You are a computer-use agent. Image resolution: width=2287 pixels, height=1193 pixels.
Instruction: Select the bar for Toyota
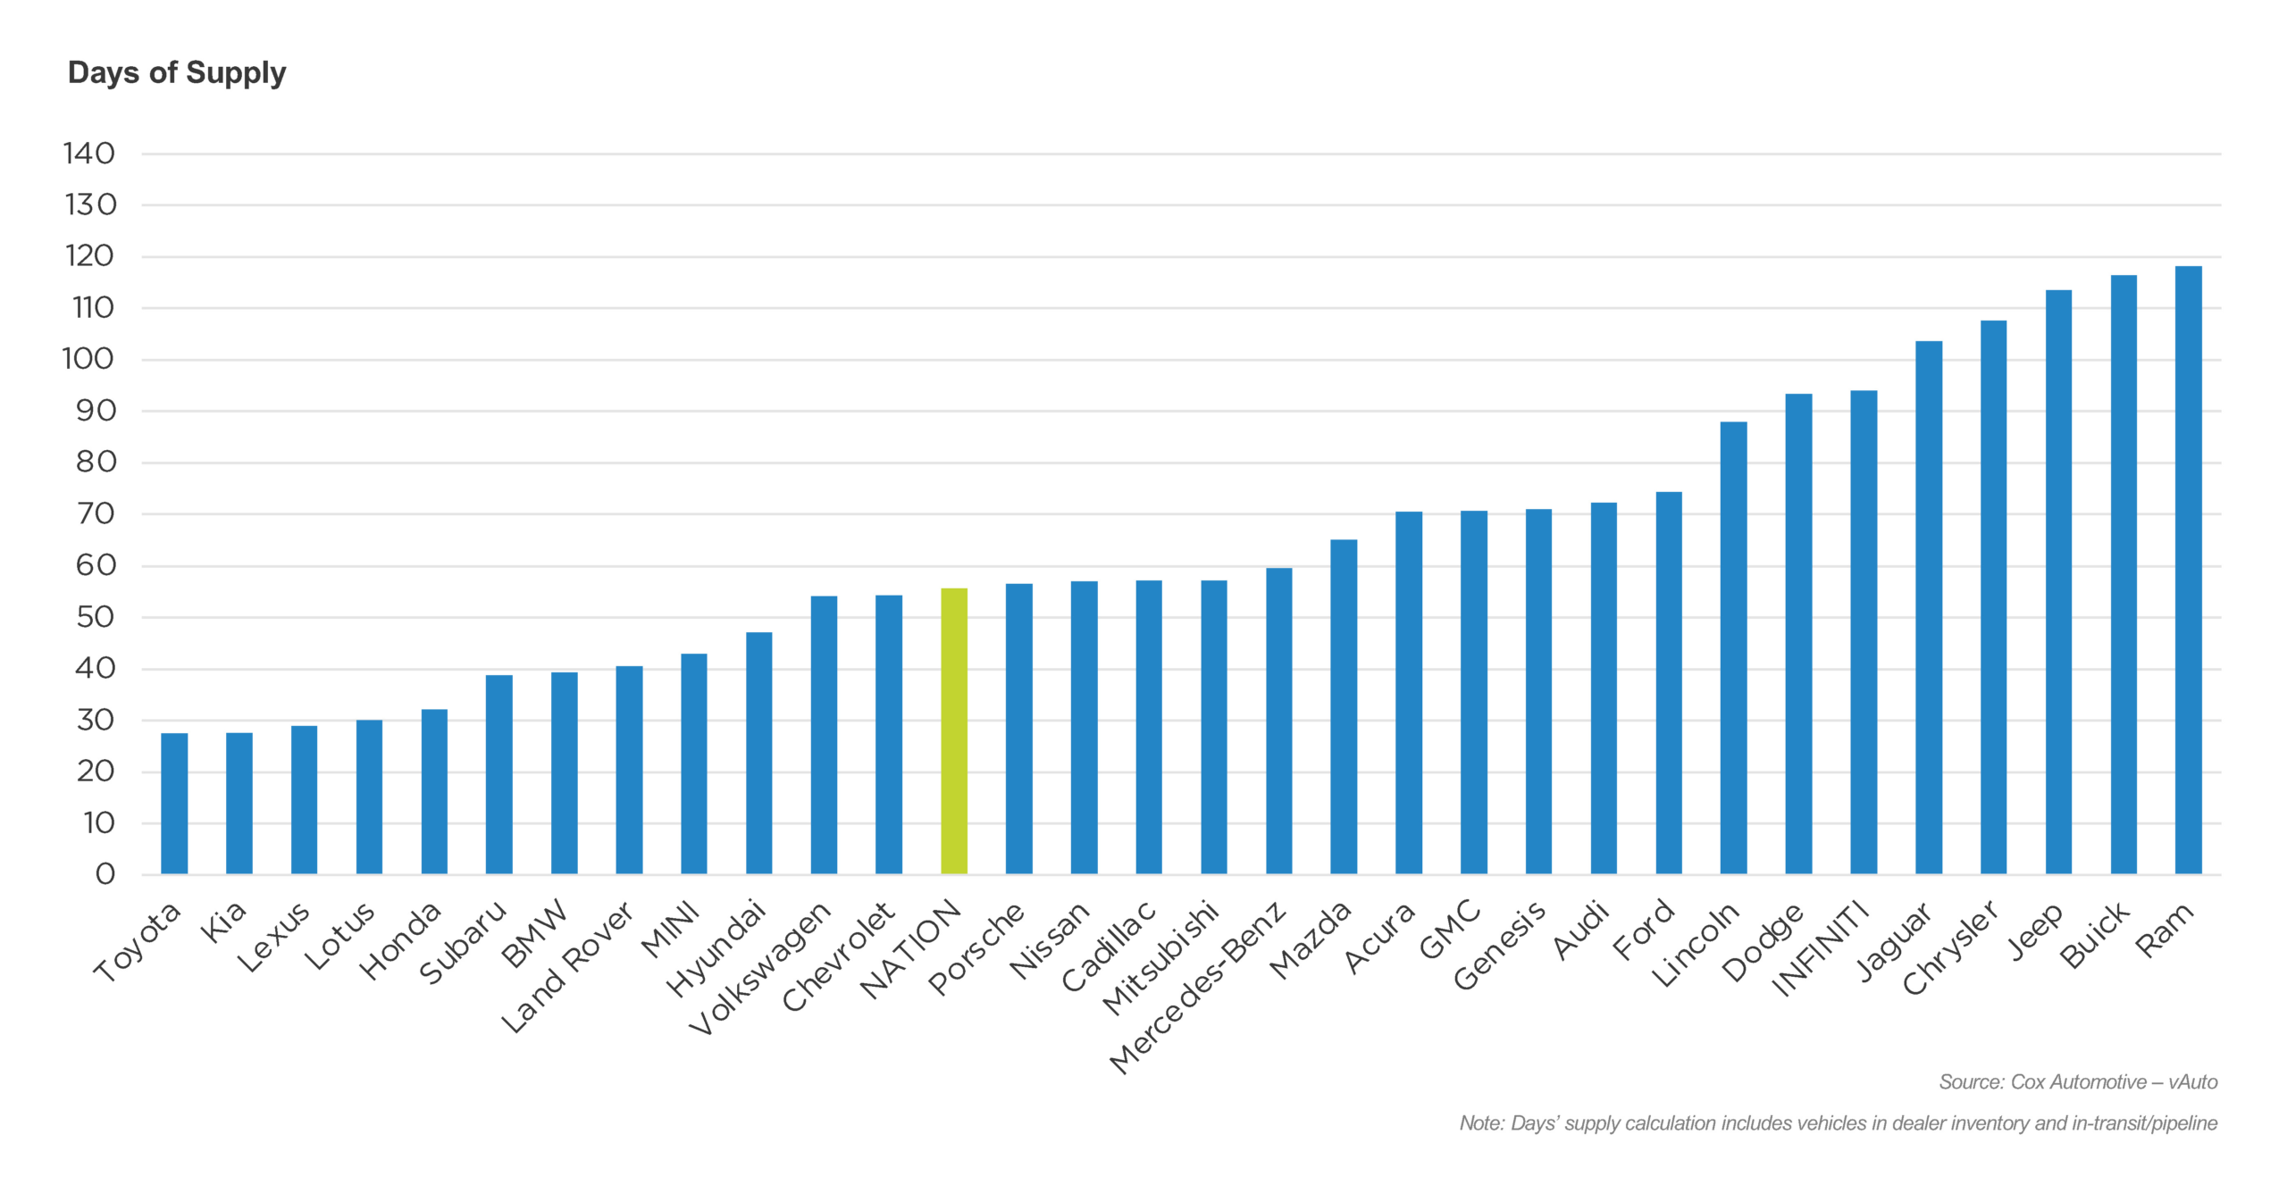coord(174,803)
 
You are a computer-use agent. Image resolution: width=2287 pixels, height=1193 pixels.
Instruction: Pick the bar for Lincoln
coord(1733,647)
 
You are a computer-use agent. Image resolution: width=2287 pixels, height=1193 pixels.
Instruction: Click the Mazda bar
coord(1344,706)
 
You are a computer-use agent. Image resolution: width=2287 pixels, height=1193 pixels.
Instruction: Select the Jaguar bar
coord(1929,607)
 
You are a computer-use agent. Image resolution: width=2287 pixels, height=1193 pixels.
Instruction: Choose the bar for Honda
coord(434,791)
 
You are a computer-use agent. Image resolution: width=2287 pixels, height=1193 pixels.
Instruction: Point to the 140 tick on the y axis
coord(89,154)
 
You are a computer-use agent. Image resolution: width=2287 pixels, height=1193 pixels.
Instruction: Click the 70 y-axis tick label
coord(96,514)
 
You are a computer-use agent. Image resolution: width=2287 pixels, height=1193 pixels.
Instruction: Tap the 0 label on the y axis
coord(105,874)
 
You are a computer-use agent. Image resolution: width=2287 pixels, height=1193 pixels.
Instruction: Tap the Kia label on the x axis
coord(223,922)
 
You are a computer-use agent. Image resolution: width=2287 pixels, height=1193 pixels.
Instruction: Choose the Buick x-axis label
coord(2096,935)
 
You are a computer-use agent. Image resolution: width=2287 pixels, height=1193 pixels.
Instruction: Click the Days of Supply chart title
coord(177,72)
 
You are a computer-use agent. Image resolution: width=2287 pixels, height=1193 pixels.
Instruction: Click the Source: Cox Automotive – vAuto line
coord(2077,1082)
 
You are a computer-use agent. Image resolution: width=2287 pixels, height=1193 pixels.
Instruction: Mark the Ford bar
coord(1669,683)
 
